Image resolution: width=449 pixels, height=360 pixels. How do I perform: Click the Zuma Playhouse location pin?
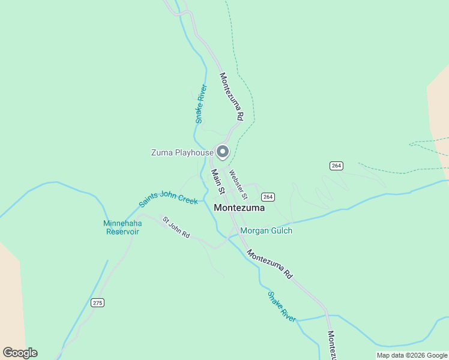(x=223, y=152)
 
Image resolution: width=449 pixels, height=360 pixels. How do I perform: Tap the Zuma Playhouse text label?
(x=182, y=153)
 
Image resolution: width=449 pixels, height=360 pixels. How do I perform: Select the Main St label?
(x=217, y=181)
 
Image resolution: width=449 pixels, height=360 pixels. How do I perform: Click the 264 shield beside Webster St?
(x=268, y=197)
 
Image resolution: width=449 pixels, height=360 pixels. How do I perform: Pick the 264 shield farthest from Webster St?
(x=336, y=166)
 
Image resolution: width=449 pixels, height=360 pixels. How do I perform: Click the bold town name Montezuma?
(x=240, y=207)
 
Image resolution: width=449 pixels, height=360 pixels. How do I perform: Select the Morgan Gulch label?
(x=266, y=230)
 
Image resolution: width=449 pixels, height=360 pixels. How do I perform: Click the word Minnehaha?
(x=122, y=223)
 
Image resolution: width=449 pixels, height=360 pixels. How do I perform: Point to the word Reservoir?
(x=122, y=232)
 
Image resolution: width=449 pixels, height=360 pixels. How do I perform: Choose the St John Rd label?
(x=175, y=227)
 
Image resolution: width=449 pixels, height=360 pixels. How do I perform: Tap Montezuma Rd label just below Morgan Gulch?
(x=270, y=264)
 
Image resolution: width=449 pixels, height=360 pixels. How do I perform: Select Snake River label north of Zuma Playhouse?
(x=201, y=104)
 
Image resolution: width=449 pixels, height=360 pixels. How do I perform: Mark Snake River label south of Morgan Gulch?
(x=282, y=307)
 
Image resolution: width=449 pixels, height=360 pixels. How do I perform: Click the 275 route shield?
(x=97, y=302)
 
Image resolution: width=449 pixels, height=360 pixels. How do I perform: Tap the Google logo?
(x=20, y=353)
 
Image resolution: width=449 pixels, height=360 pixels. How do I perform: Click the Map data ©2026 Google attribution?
(x=412, y=355)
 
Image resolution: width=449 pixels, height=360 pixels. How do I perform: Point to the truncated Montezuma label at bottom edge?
(x=331, y=344)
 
